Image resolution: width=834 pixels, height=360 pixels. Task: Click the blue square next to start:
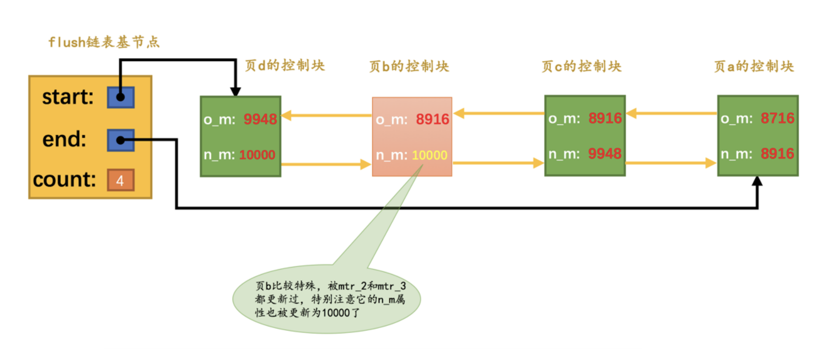[x=121, y=97]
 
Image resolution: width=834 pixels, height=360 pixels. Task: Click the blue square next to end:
[x=121, y=140]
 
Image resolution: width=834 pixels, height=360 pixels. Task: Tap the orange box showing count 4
[x=121, y=180]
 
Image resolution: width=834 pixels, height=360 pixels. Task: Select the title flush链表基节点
[x=104, y=42]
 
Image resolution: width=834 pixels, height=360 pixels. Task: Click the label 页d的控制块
[x=285, y=66]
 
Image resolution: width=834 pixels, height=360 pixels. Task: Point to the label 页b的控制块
[x=409, y=66]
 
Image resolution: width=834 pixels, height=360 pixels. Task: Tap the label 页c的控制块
[x=582, y=66]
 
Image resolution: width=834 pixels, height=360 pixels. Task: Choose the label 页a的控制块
[x=754, y=66]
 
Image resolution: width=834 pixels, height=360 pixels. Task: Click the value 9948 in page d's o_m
[x=260, y=119]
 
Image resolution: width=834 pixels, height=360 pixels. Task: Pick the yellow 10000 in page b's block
[x=429, y=155]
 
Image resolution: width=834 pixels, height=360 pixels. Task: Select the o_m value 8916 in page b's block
[x=432, y=119]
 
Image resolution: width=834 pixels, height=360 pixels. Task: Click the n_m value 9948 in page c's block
[x=605, y=154]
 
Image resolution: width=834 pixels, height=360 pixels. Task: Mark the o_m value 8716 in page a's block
[x=777, y=118]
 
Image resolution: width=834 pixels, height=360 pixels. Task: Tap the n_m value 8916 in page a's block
[x=777, y=154]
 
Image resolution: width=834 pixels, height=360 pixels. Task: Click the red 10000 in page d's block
[x=257, y=155]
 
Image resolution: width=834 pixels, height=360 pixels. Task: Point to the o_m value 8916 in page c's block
[x=605, y=118]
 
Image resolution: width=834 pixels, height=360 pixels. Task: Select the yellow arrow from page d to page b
[x=326, y=165]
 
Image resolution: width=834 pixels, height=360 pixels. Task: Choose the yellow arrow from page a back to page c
[x=672, y=113]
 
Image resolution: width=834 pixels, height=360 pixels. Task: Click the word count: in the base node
[x=64, y=180]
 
